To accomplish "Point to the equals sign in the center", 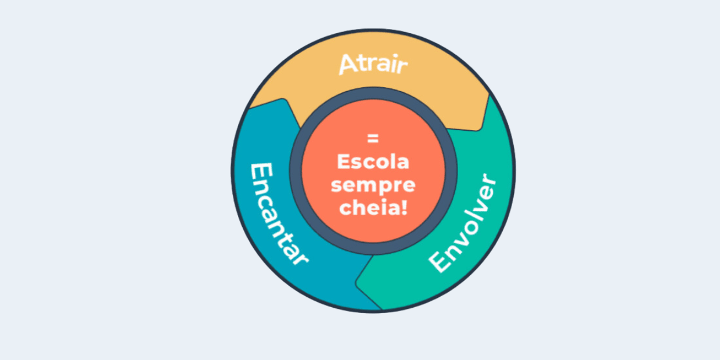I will [373, 138].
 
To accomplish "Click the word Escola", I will [373, 161].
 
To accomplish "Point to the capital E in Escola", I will [344, 161].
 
